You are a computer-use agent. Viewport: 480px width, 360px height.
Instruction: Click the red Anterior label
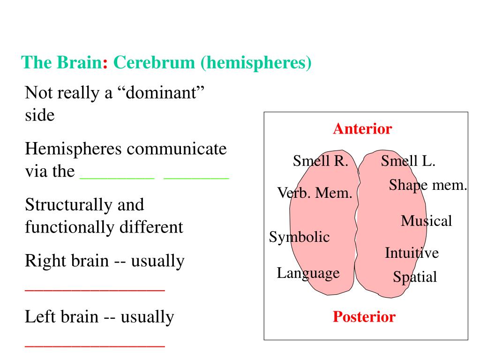pos(362,129)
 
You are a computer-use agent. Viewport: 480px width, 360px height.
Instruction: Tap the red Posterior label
pos(364,317)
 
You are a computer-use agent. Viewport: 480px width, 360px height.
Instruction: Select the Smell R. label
pos(321,161)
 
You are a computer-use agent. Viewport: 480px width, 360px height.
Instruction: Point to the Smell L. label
pos(408,161)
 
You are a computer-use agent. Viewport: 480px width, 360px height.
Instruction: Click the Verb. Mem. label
pos(315,192)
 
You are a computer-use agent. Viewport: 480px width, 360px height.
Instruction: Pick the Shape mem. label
pos(428,185)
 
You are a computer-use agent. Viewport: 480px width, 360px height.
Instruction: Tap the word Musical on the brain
pos(426,220)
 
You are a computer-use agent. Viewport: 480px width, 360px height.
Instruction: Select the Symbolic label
pos(299,237)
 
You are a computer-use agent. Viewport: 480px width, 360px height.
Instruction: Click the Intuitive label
pos(412,253)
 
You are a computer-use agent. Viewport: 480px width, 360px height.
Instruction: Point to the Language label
pos(308,273)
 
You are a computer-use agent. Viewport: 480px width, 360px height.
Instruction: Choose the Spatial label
pos(415,277)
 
